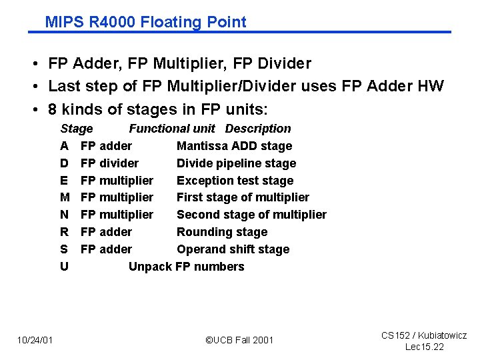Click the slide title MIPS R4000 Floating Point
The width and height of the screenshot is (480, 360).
145,22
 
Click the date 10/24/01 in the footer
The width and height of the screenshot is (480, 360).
35,341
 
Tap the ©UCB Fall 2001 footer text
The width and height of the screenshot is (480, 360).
239,341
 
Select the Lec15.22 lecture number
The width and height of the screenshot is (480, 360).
424,347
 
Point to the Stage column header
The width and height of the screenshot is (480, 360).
77,129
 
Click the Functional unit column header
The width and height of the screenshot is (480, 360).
172,129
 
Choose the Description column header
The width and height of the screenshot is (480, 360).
258,129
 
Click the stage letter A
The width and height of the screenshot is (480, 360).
64,146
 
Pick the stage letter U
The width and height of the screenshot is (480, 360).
64,267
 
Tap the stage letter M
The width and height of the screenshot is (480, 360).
65,197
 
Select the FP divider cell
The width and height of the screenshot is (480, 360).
109,163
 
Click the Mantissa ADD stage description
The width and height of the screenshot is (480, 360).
234,146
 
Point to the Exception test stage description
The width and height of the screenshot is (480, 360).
235,181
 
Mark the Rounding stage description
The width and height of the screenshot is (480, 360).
222,232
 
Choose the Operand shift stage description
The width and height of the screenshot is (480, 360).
233,249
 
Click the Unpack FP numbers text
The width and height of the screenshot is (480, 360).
186,267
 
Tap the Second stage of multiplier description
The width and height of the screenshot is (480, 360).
251,215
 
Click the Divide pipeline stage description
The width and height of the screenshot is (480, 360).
236,163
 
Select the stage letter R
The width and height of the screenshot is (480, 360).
64,232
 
